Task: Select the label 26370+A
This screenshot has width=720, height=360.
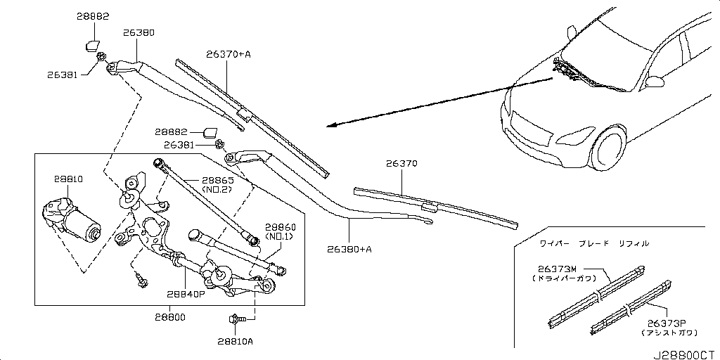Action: pos(229,53)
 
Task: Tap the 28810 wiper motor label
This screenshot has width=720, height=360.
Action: pos(69,180)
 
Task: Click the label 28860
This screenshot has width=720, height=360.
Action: pos(280,228)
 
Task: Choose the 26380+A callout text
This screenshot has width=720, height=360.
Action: pos(349,249)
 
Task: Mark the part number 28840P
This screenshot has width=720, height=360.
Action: pos(186,295)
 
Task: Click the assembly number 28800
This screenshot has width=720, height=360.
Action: pos(170,317)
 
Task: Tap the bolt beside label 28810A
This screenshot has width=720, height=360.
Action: pos(236,321)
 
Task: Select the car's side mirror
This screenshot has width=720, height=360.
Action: pos(655,81)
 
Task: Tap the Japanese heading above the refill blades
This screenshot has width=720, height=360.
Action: pos(594,243)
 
